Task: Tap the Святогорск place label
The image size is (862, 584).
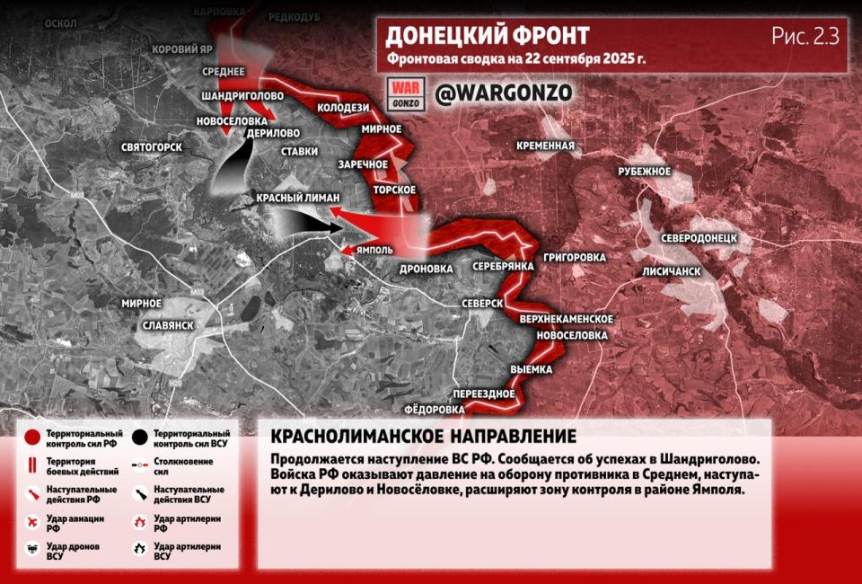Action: pos(151,146)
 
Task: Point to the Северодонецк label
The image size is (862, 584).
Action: pos(699,238)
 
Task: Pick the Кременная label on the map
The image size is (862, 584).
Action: pos(545,146)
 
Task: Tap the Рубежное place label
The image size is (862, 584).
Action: pos(645,171)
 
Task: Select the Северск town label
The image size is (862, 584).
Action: pos(481,304)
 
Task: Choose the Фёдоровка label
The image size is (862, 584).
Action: pos(435,410)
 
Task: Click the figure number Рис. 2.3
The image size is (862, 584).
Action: pos(805,36)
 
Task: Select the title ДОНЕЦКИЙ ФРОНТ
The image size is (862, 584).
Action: pos(487,36)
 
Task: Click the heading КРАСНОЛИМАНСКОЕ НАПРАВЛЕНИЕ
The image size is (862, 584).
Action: pos(423,437)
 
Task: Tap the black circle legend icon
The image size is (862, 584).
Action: pos(139,438)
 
